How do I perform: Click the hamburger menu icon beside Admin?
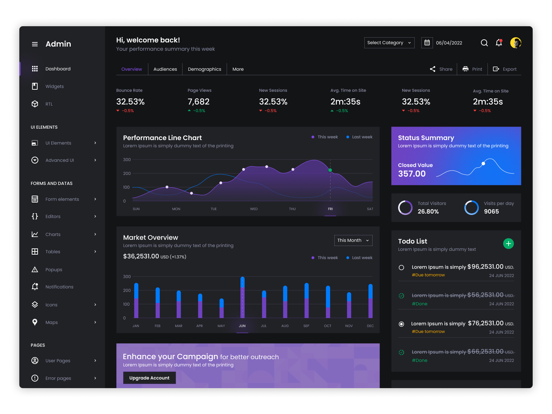(x=35, y=44)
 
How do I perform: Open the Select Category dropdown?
(x=389, y=43)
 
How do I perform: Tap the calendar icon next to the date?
(x=427, y=43)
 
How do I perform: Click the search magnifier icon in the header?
(x=484, y=43)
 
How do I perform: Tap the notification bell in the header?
(x=499, y=43)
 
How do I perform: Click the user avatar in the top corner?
(x=515, y=43)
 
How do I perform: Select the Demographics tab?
(x=204, y=69)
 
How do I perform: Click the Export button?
(x=505, y=69)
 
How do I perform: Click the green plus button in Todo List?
(x=508, y=244)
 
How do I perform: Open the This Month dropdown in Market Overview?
(x=353, y=240)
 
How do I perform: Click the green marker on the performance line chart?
(x=330, y=170)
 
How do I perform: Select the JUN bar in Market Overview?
(x=243, y=297)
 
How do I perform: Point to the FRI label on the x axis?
(x=330, y=209)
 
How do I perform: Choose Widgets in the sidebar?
(x=55, y=87)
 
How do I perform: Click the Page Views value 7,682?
(x=198, y=102)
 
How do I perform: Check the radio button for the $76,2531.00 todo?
(x=401, y=324)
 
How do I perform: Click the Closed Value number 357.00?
(x=412, y=174)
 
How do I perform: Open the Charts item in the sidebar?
(x=53, y=235)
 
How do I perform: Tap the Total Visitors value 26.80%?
(x=428, y=211)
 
